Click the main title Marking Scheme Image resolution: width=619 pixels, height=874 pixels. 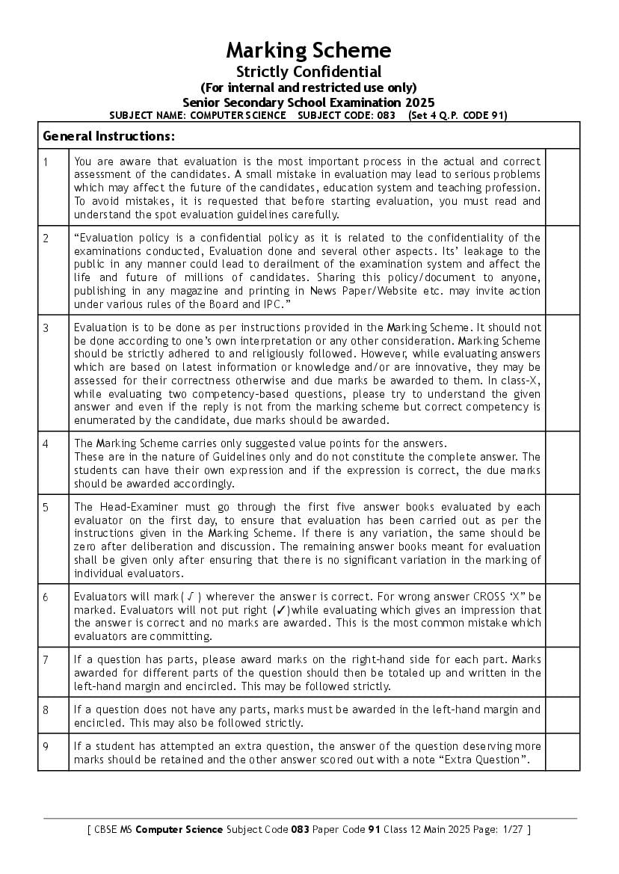309,51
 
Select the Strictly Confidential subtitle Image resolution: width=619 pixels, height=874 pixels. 309,72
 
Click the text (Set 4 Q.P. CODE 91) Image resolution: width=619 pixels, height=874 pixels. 458,115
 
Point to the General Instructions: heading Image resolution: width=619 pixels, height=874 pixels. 109,136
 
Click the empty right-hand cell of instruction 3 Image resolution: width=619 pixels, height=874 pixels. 562,372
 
